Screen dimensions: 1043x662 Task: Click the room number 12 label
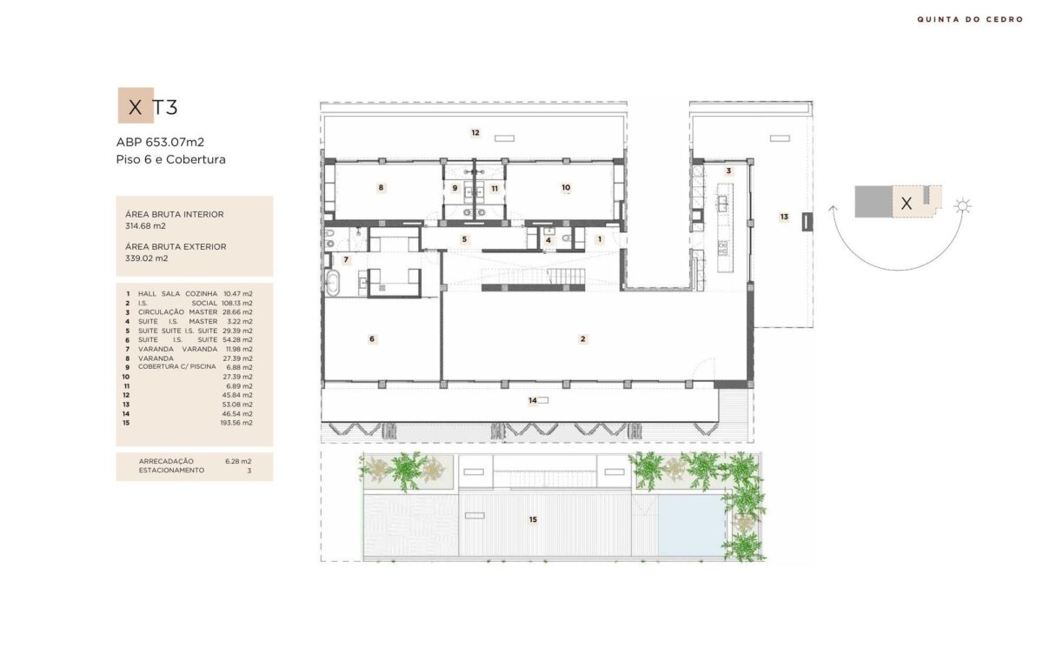475,133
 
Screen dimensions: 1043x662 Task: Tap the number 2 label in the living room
582,338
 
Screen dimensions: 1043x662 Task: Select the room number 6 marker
372,338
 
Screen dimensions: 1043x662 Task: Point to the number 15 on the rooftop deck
533,519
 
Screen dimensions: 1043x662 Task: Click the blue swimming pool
691,525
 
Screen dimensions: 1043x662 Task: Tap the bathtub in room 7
332,283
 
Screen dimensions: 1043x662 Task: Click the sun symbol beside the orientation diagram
962,206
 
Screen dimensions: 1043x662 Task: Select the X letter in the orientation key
906,203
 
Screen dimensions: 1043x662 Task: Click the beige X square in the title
136,105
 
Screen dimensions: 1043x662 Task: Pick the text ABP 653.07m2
160,142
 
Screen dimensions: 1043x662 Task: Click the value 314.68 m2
145,226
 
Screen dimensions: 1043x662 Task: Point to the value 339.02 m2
146,258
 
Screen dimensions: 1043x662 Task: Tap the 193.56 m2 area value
236,423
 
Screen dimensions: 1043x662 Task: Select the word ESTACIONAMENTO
171,471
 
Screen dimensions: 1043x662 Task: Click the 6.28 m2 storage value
238,461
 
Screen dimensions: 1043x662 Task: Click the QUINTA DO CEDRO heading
970,19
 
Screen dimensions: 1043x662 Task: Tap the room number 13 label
784,217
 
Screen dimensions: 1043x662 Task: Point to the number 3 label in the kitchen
728,171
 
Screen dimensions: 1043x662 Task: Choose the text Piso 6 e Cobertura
171,159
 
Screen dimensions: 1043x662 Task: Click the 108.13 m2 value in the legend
237,303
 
